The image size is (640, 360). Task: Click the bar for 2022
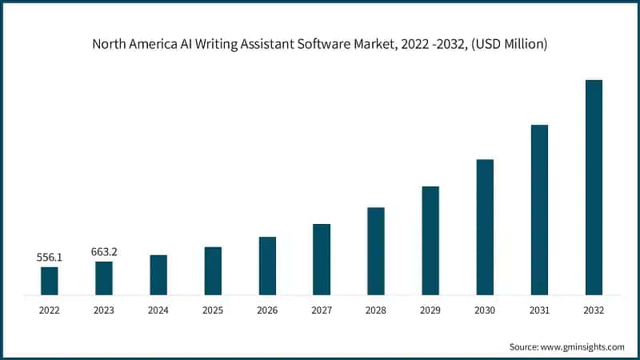coord(50,281)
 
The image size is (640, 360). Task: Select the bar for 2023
coord(104,278)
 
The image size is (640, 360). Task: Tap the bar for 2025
coord(213,271)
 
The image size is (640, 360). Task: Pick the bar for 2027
coord(322,259)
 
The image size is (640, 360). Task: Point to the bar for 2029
coord(430,241)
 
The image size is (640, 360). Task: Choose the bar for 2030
coord(485,227)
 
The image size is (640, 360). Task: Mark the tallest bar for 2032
coord(594,187)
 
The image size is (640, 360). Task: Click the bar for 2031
coord(539,210)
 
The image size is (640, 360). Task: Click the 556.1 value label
coord(50,258)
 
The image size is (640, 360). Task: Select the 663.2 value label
coord(104,252)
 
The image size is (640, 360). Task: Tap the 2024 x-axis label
coord(158,310)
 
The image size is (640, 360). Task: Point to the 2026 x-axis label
coord(267,310)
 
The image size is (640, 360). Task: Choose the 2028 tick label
coord(376,310)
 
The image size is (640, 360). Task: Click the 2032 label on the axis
coord(594,310)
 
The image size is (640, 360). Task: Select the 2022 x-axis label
coord(50,310)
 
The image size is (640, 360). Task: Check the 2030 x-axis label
coord(485,310)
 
